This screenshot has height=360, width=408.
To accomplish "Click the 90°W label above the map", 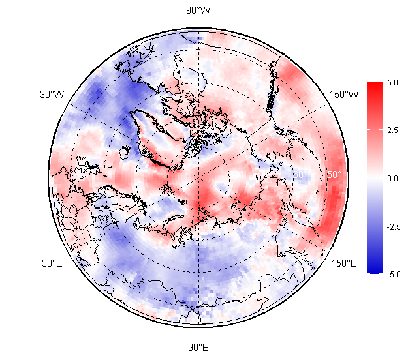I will pyautogui.click(x=198, y=10).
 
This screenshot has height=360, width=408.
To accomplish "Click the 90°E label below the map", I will pyautogui.click(x=198, y=346).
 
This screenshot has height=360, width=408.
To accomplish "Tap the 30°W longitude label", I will pyautogui.click(x=52, y=95).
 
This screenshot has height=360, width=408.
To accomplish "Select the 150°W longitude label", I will pyautogui.click(x=344, y=95).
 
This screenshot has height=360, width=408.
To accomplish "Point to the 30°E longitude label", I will pyautogui.click(x=52, y=263).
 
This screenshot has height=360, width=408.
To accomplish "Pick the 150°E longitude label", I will pyautogui.click(x=344, y=263).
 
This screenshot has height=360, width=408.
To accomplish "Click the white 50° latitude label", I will pyautogui.click(x=334, y=175).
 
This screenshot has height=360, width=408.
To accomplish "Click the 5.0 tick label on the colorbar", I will pyautogui.click(x=392, y=83).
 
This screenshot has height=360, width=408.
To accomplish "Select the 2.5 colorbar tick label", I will pyautogui.click(x=392, y=130).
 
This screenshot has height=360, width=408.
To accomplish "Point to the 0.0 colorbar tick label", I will pyautogui.click(x=392, y=178).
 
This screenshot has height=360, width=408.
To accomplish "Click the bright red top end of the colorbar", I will pyautogui.click(x=374, y=85).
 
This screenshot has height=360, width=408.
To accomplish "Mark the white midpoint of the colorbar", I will pyautogui.click(x=374, y=178).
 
